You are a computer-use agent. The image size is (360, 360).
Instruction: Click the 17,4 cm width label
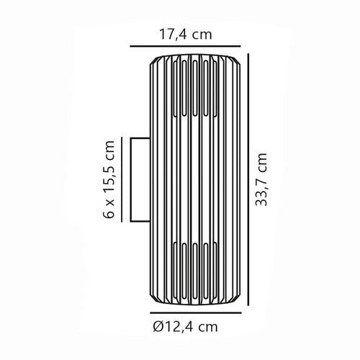click(x=186, y=35)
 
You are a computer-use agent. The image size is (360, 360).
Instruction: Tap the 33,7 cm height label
click(x=261, y=179)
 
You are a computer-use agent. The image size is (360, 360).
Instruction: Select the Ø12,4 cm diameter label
click(x=186, y=327)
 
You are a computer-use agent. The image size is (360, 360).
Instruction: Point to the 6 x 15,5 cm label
click(x=109, y=179)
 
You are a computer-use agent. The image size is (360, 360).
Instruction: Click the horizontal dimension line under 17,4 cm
click(x=185, y=46)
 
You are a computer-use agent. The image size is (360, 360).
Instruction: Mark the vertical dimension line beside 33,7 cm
click(x=248, y=179)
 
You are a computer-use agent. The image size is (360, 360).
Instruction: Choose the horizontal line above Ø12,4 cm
click(x=196, y=313)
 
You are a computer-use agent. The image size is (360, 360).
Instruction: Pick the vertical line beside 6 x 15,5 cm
click(x=122, y=179)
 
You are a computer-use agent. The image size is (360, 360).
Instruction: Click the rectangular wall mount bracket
click(x=140, y=179)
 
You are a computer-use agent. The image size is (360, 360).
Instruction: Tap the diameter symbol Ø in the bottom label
click(x=158, y=327)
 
